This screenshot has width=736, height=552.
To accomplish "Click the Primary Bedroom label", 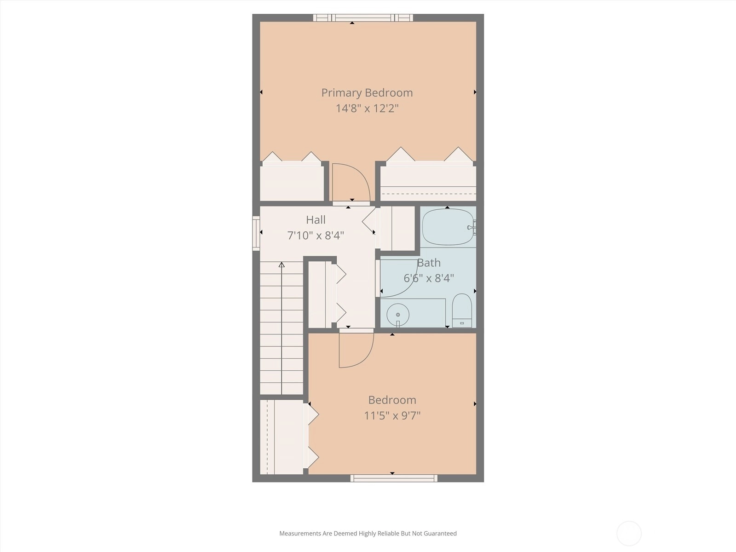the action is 367,93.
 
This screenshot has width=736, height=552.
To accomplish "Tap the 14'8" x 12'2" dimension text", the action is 367,108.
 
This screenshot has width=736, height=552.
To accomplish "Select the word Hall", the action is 316,220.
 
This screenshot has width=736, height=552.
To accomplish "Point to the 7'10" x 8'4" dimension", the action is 316,235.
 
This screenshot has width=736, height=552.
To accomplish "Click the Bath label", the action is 429,263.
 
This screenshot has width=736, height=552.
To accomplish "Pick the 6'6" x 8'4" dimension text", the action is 429,278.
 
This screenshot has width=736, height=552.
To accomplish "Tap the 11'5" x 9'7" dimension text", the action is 392,415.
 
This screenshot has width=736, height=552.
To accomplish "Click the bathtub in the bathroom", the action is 448,227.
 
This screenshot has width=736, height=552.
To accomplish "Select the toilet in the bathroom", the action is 462,310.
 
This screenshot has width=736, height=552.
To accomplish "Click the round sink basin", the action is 398,315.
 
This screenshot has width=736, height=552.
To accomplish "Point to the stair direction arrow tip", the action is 282,263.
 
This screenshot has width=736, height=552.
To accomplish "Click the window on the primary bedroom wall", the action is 363,18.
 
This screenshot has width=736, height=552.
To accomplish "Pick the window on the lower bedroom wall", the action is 394,478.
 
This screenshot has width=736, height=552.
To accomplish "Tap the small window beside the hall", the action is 256,233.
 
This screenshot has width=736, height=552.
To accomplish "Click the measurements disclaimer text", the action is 368,533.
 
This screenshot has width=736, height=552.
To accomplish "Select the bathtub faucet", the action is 471,228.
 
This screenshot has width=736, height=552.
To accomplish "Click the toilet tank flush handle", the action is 462,323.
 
